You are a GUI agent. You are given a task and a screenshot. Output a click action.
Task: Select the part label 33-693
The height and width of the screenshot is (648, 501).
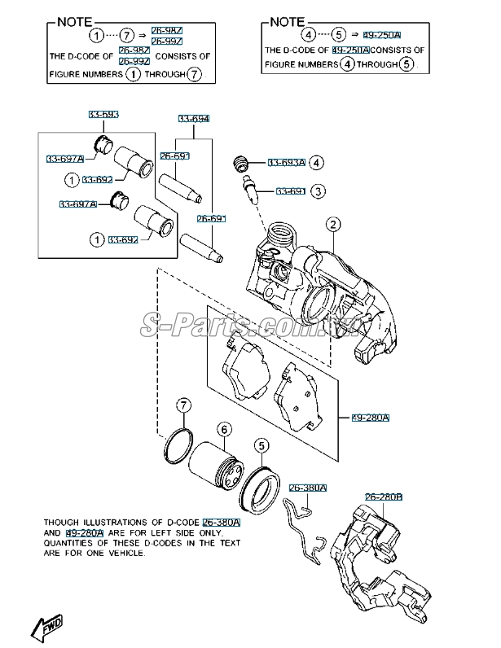(103, 114)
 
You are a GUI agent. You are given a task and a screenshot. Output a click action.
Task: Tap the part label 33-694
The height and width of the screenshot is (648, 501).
(194, 119)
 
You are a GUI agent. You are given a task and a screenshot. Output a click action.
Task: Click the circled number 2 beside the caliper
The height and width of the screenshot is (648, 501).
(334, 224)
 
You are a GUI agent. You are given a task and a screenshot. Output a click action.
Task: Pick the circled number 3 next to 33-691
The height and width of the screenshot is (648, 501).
(319, 191)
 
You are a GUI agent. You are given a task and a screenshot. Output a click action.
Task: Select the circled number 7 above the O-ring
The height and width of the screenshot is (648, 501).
(185, 405)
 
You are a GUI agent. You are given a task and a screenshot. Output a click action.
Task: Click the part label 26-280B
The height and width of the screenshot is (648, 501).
(384, 497)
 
